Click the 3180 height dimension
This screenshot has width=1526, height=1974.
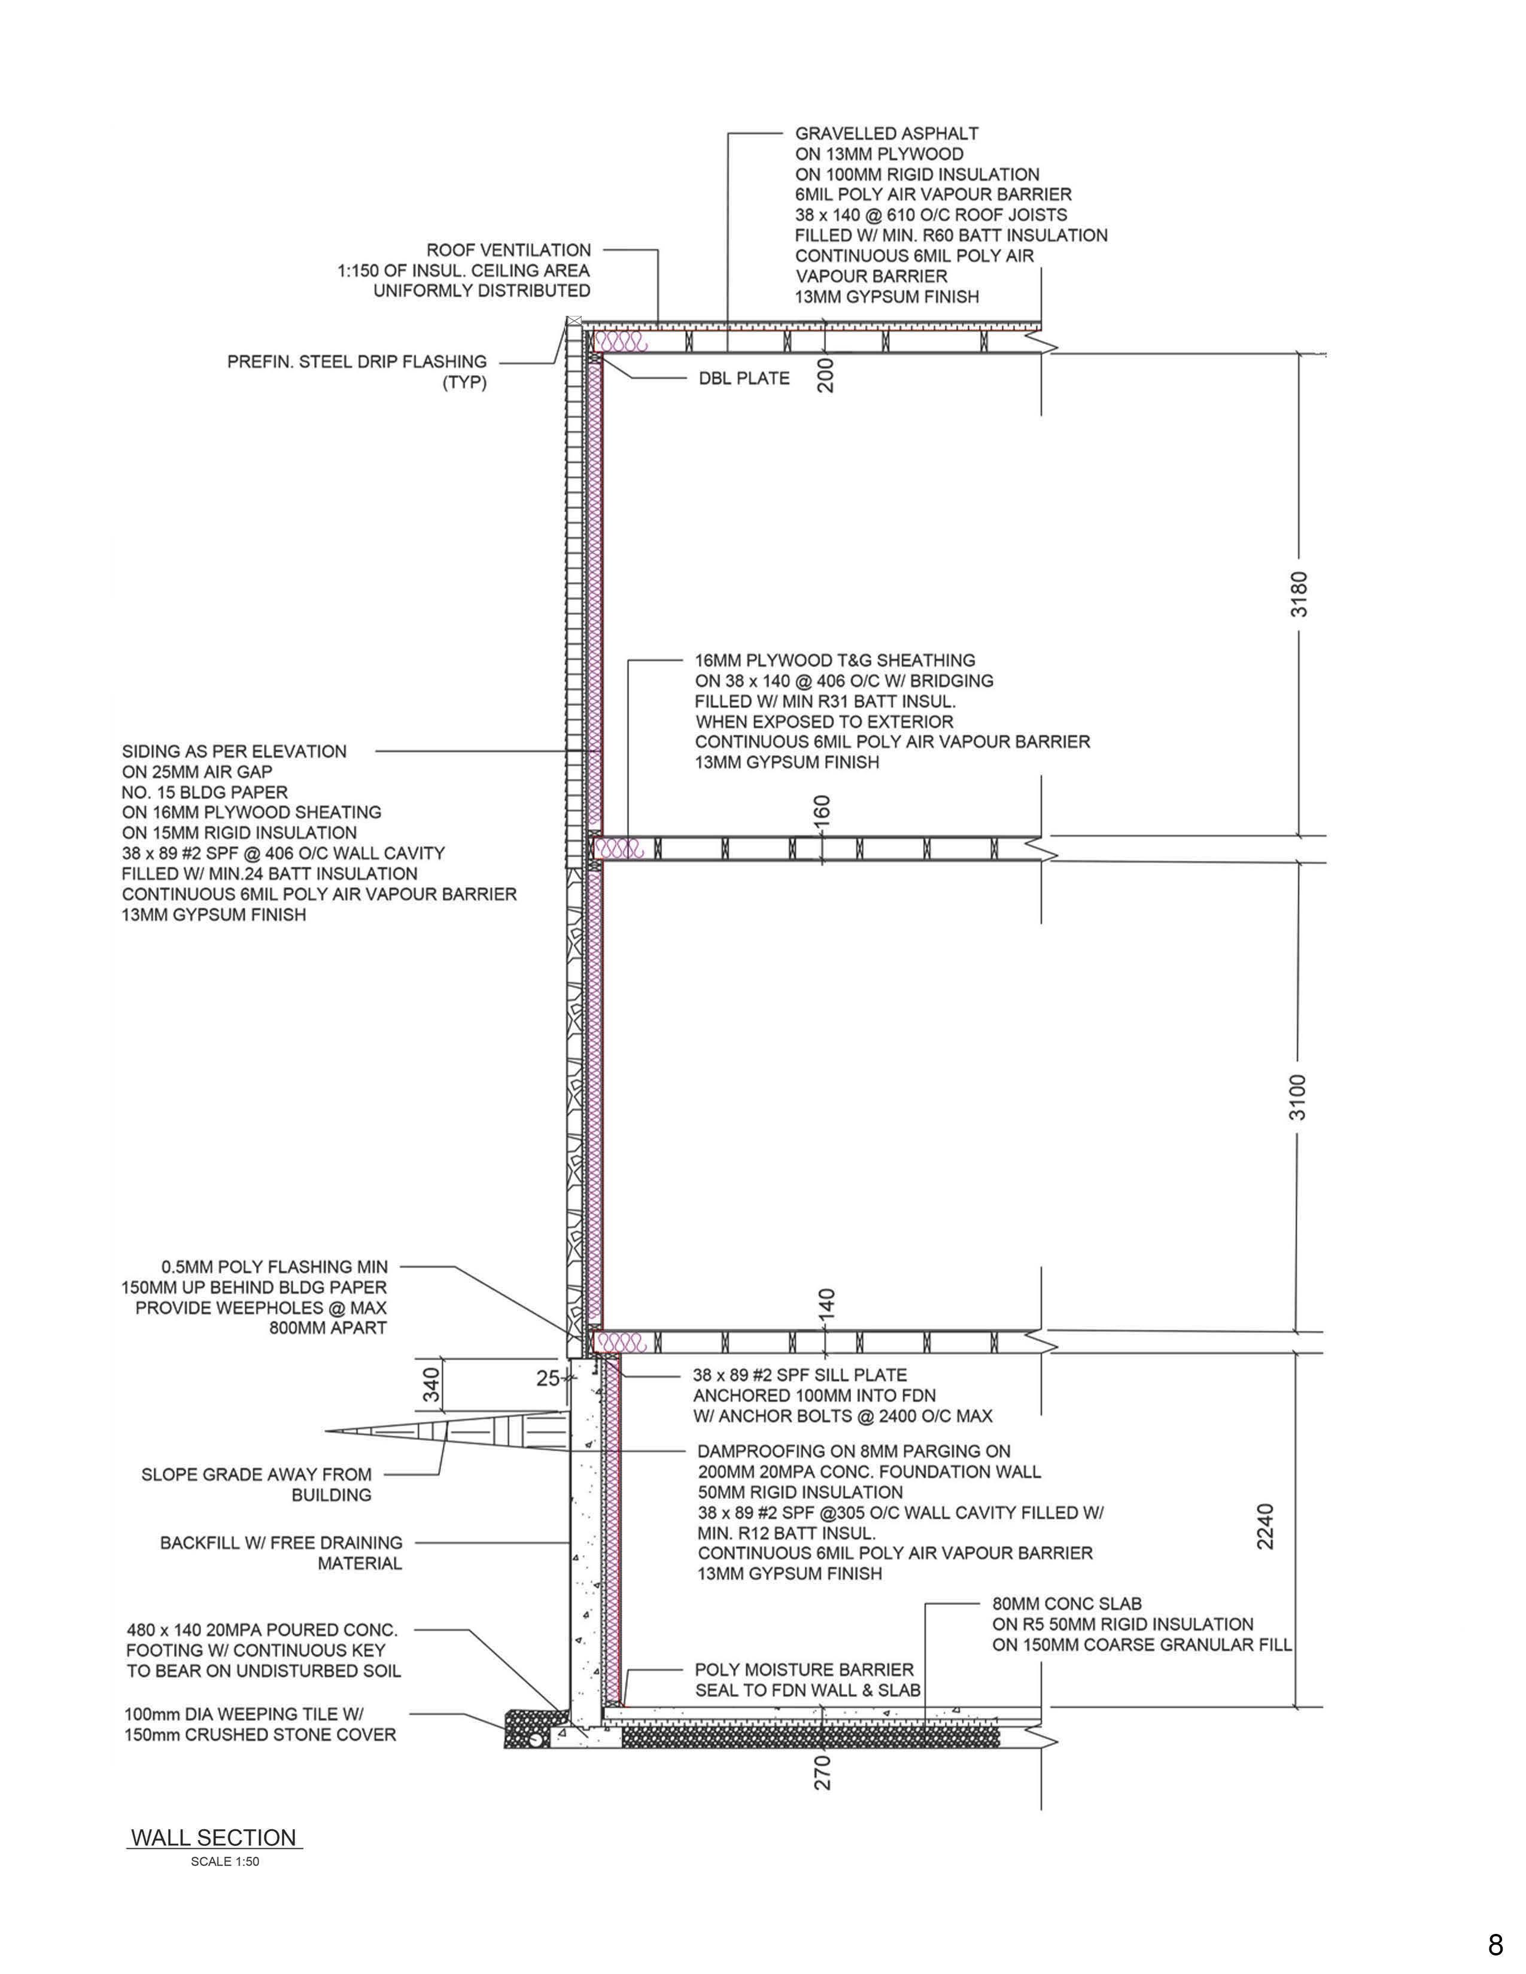tap(1298, 594)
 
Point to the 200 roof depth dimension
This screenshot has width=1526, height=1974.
tap(825, 374)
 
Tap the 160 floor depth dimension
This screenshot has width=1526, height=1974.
tap(822, 809)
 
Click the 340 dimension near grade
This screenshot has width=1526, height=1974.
tap(431, 1385)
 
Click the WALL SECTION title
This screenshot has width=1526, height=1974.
tap(214, 1838)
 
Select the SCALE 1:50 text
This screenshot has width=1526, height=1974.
tap(225, 1862)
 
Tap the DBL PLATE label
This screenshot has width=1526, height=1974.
tap(744, 379)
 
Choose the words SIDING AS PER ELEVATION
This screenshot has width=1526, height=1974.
tap(234, 751)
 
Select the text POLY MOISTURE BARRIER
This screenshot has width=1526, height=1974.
tap(804, 1670)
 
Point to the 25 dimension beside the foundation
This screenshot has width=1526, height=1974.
tap(548, 1378)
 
